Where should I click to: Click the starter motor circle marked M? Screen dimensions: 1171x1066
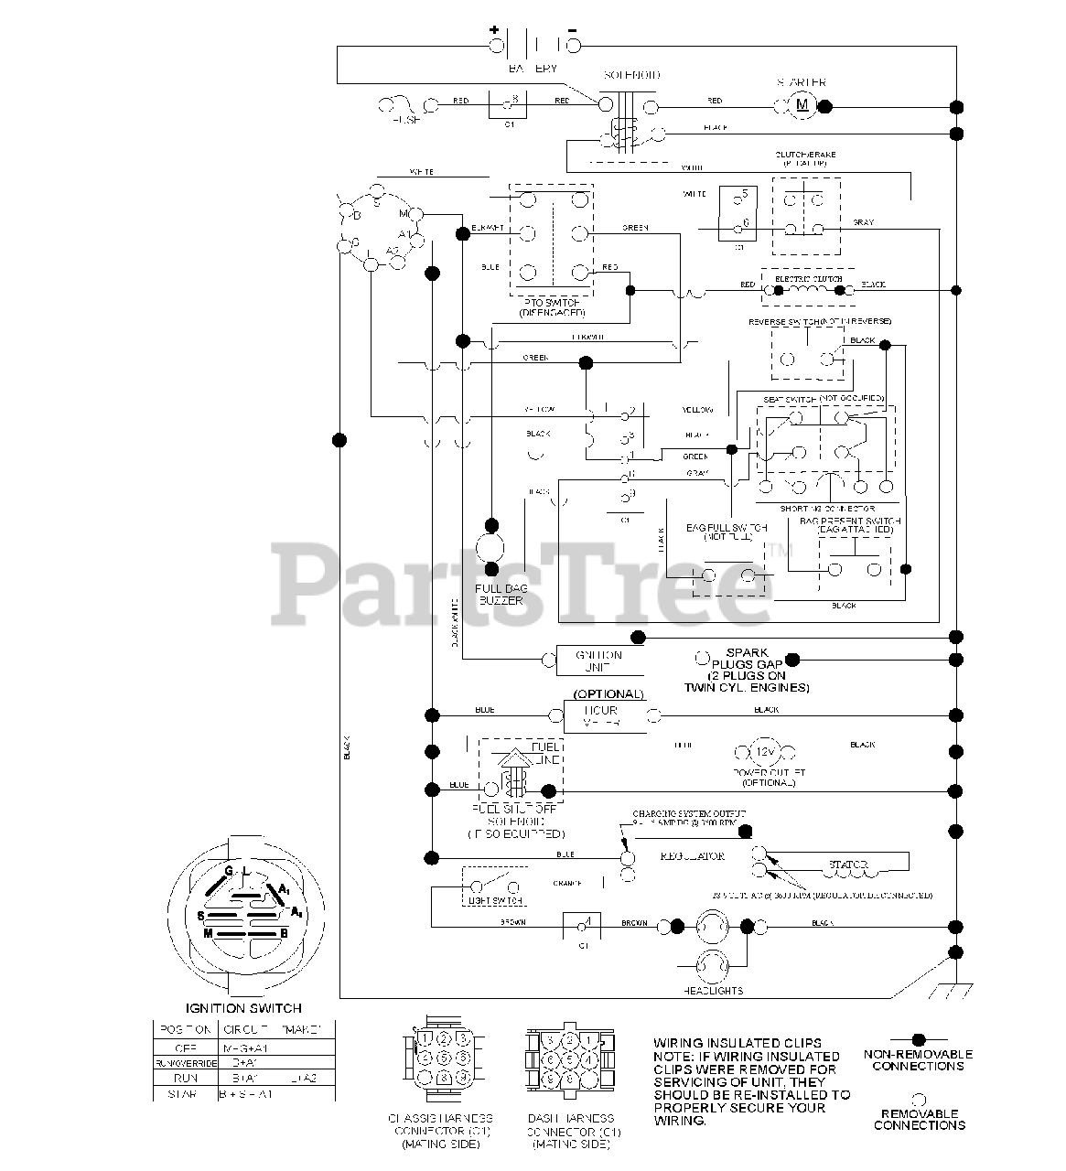point(802,105)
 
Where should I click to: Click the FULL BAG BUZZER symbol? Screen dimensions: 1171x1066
point(491,548)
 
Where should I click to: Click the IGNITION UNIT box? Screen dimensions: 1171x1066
point(599,661)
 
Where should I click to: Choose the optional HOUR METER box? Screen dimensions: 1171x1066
point(605,716)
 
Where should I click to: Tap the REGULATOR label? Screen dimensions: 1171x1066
point(693,856)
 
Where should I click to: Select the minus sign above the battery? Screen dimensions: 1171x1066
point(573,28)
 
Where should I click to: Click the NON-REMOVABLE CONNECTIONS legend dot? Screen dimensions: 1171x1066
point(918,1040)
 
